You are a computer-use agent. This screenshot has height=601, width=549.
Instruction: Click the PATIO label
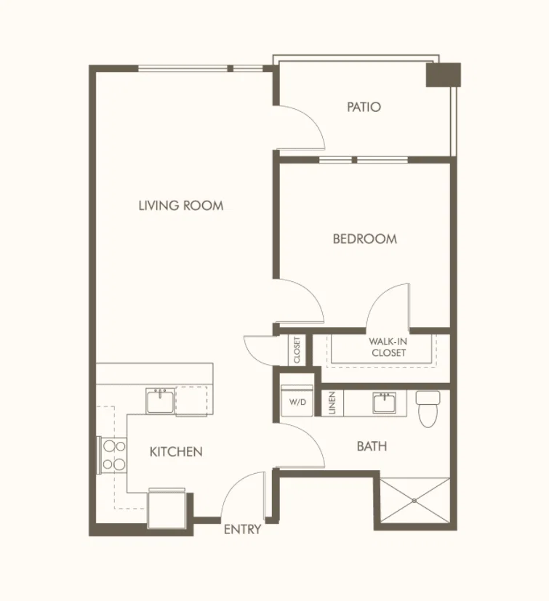click(364, 107)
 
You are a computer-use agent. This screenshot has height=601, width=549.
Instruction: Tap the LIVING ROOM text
click(181, 206)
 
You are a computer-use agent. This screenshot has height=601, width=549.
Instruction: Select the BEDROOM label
click(365, 239)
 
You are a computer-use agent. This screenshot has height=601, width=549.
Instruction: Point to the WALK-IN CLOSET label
click(388, 347)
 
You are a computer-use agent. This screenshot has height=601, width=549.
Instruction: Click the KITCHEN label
click(176, 451)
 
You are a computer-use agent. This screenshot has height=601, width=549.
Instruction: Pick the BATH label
click(372, 446)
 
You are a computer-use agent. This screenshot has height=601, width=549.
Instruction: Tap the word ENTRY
click(242, 529)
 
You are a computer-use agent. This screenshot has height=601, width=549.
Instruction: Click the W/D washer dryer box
click(297, 400)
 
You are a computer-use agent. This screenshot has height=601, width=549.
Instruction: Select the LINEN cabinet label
click(332, 403)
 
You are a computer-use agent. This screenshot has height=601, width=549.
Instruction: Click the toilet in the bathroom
click(428, 408)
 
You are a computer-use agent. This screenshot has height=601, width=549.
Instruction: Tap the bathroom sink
click(385, 403)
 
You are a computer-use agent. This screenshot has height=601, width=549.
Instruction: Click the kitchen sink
click(160, 401)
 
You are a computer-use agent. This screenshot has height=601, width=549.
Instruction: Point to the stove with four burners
click(112, 455)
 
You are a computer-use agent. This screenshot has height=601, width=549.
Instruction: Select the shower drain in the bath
click(414, 501)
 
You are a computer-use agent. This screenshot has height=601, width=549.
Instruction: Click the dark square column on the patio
click(443, 75)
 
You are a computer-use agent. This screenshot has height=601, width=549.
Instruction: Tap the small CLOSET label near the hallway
click(297, 350)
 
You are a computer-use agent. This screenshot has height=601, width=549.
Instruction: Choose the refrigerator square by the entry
click(167, 509)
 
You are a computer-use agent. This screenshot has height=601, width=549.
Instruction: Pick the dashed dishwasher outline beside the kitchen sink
click(191, 401)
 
